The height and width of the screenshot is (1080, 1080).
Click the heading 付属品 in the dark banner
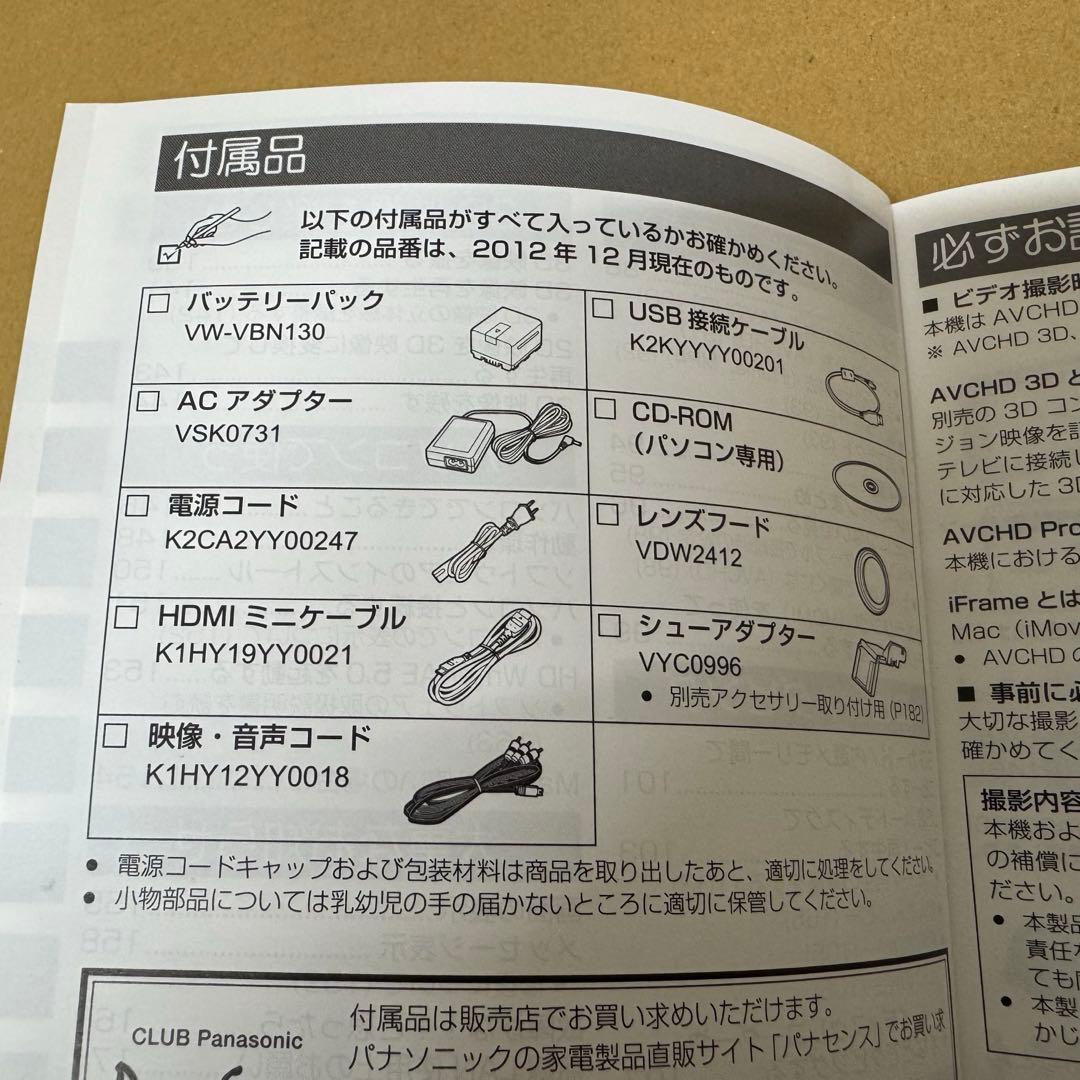[240, 159]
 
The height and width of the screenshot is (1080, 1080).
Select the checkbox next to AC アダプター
[148, 402]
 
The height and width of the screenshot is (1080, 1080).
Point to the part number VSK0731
[226, 434]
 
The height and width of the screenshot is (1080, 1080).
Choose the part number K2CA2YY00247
[261, 540]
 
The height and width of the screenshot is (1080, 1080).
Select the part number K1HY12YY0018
[247, 775]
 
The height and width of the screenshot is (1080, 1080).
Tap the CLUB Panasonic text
[216, 1039]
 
